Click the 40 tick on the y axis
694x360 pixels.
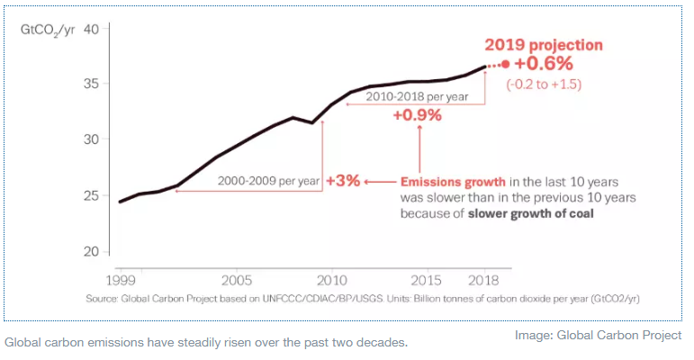[91, 29]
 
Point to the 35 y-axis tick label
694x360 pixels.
[91, 84]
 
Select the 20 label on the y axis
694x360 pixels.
[91, 251]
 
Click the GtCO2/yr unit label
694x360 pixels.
[47, 30]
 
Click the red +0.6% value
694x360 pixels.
[543, 64]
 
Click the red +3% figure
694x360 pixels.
[343, 180]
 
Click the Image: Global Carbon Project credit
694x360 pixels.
[598, 335]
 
